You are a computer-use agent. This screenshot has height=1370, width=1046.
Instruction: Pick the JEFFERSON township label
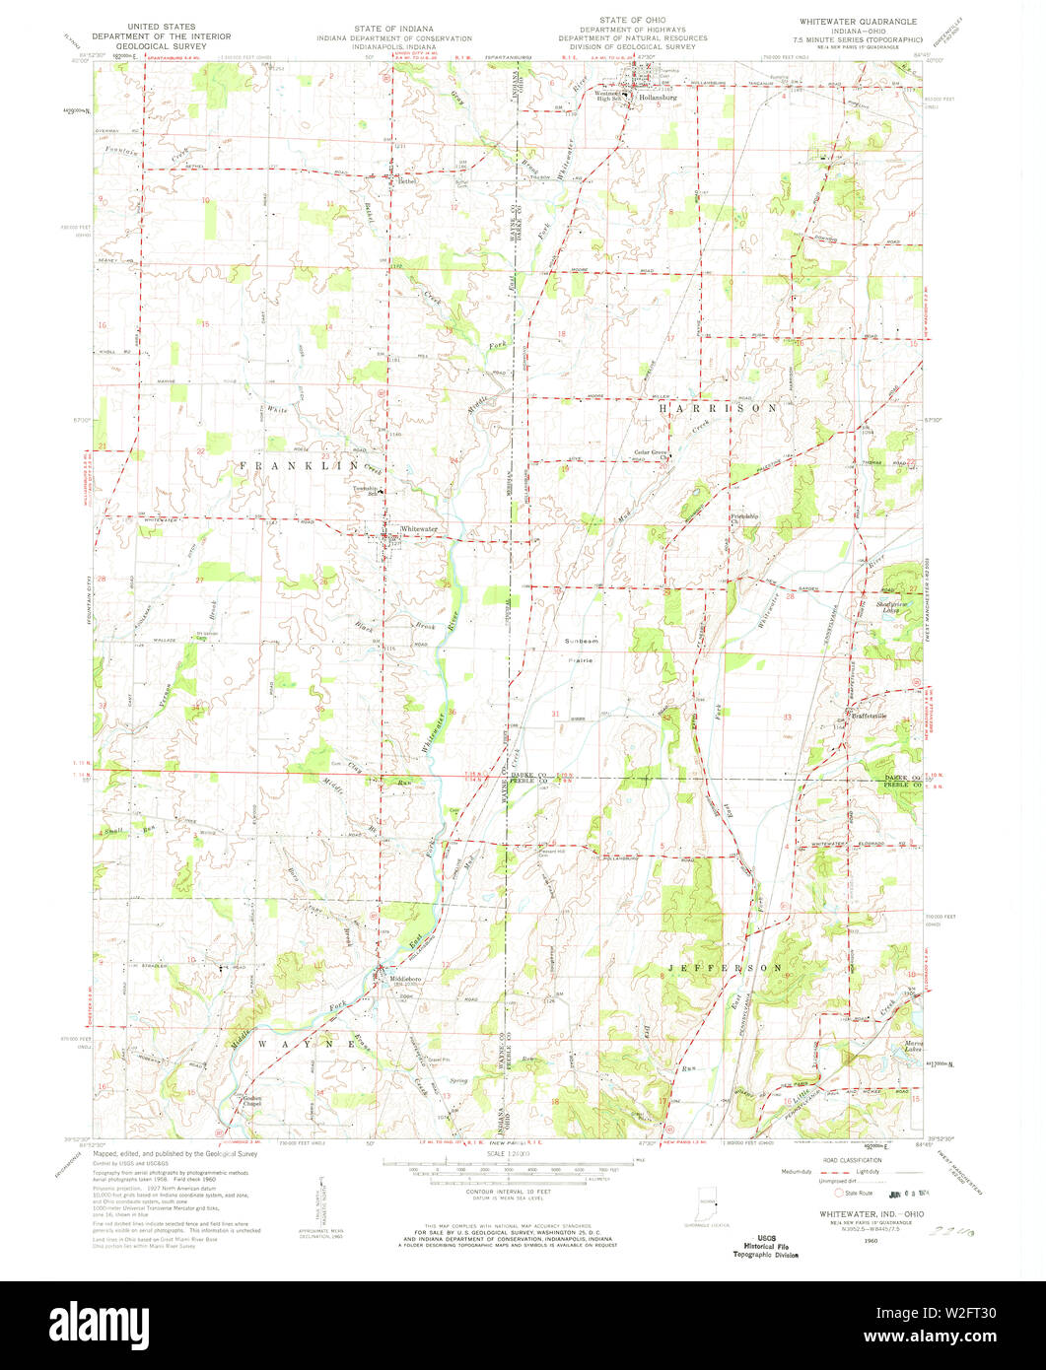click(725, 968)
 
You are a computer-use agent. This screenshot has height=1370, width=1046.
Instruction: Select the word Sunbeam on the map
click(581, 642)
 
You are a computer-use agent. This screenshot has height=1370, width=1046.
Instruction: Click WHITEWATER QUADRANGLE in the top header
click(861, 21)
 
